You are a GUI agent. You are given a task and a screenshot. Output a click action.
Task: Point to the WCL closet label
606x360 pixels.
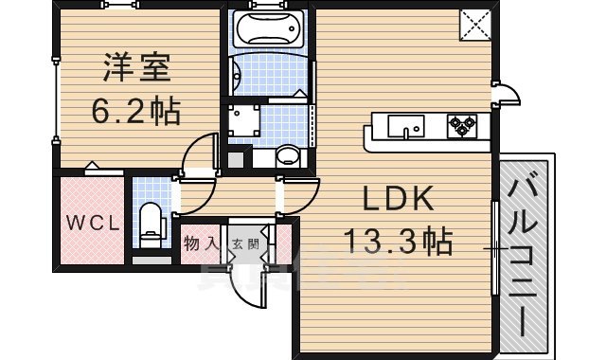tap(92, 225)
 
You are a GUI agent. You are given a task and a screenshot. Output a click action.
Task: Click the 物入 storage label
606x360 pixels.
tap(201, 244)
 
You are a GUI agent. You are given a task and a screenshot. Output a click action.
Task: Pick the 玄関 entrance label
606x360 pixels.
tap(244, 244)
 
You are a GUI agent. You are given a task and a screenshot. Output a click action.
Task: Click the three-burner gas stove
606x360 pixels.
tap(466, 123)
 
